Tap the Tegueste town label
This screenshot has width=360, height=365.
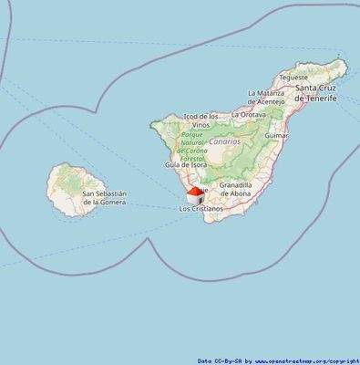(x=293, y=78)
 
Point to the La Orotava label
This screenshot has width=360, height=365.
(x=248, y=115)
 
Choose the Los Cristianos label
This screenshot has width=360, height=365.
(x=201, y=209)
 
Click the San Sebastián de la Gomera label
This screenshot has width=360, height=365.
(x=105, y=198)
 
